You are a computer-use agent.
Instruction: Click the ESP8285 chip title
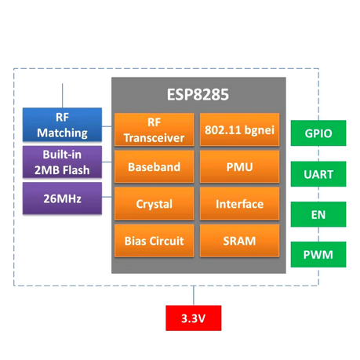(x=198, y=95)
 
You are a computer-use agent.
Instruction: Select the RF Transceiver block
(x=155, y=130)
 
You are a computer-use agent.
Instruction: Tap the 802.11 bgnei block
(x=239, y=130)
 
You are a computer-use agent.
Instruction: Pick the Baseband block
(x=155, y=167)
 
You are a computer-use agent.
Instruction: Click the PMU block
(x=239, y=167)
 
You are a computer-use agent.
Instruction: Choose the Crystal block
(x=155, y=204)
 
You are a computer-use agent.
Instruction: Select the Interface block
(x=239, y=204)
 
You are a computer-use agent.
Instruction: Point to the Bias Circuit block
(x=155, y=241)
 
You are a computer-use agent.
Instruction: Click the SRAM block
(x=239, y=241)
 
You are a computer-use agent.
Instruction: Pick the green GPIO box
(x=318, y=134)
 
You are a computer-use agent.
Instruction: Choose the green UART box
(x=318, y=174)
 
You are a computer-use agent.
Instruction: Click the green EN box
(x=318, y=214)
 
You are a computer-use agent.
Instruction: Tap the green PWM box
(x=318, y=254)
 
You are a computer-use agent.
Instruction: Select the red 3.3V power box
(x=193, y=318)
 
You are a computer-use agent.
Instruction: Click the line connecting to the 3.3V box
(x=193, y=296)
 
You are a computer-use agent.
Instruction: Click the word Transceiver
(x=155, y=138)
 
